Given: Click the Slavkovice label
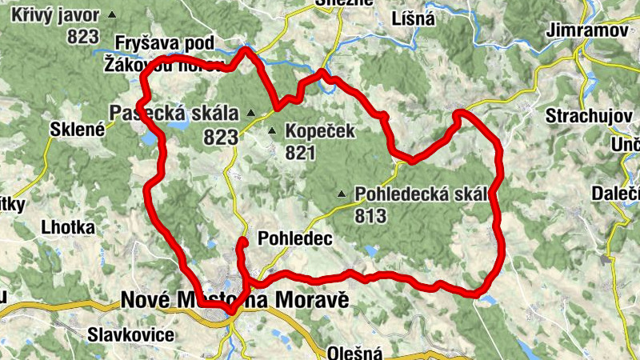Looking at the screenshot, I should (x=131, y=334).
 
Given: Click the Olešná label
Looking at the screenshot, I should (x=354, y=353).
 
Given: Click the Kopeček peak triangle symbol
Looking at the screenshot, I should (x=272, y=131).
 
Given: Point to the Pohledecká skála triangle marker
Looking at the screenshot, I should (x=342, y=194).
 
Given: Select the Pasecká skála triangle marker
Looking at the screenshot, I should (x=250, y=113).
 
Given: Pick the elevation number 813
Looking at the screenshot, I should (x=370, y=215).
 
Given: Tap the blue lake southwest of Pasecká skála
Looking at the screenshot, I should (x=150, y=139).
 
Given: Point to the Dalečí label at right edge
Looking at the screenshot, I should (x=615, y=193).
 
